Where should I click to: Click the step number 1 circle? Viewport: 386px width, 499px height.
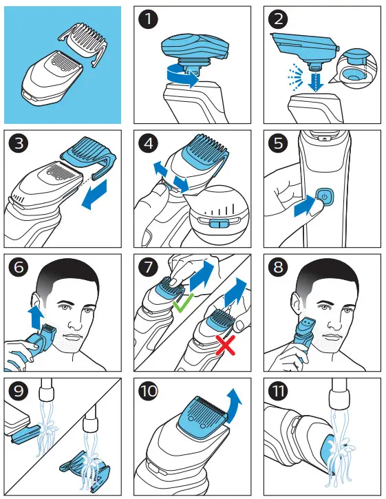pos(149,19)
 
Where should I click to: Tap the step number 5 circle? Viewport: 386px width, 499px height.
pos(278,143)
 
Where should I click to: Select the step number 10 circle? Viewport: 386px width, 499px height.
pos(149,391)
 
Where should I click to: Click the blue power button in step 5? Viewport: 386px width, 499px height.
pos(324,196)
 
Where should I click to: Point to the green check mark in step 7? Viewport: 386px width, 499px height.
pos(183,302)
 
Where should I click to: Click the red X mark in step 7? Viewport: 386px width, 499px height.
pos(225,345)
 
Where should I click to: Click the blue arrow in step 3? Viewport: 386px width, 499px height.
pos(95,194)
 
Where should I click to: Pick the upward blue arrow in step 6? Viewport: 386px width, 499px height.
pos(36,317)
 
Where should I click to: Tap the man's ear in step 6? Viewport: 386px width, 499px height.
pos(35,302)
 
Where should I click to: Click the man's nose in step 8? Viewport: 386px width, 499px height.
pos(334,322)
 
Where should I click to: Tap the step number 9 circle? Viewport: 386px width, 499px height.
pos(19,391)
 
